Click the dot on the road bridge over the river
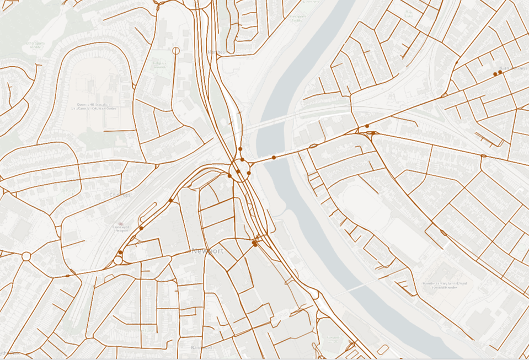pos(274,158)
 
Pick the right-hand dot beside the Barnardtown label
pos(500,72)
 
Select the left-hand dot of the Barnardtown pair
pos(495,74)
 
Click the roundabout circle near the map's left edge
pos(26,256)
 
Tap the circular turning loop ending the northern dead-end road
pos(176,50)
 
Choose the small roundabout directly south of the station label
pos(118,260)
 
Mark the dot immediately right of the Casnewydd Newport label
pos(141,228)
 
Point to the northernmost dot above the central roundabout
pos(241,149)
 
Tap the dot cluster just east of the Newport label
pos(254,243)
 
